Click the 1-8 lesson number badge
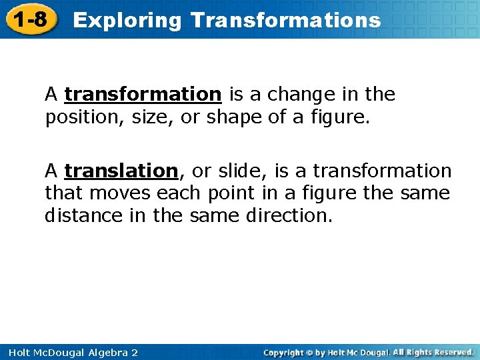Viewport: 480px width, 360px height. coord(30,19)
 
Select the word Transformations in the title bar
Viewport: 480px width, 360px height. coord(285,20)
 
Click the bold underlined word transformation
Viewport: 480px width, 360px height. coord(143,95)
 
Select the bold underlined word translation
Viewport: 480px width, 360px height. coord(122,171)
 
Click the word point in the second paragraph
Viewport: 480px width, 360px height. coord(229,194)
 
